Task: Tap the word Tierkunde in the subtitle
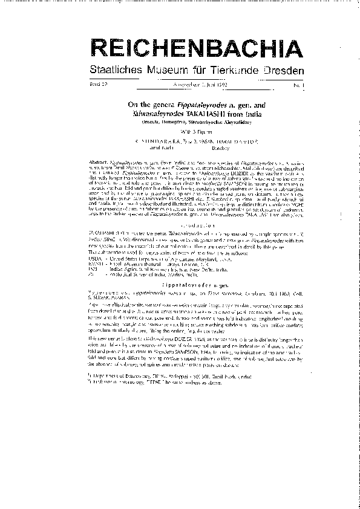(235, 71)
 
